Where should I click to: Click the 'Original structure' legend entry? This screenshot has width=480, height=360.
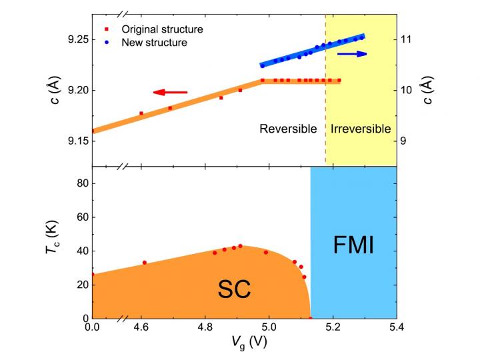click(x=162, y=30)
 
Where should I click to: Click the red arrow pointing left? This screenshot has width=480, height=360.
click(x=171, y=93)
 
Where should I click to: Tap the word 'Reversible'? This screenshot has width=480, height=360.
click(x=288, y=129)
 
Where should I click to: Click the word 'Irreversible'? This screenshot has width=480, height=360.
click(x=360, y=129)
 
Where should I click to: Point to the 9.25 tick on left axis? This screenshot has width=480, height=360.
click(x=75, y=40)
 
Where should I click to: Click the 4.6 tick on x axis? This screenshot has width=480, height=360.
click(x=141, y=328)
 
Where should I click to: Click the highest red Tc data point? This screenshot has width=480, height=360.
click(x=241, y=246)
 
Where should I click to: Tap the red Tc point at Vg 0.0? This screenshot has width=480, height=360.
click(x=93, y=274)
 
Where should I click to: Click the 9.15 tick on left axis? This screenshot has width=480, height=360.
click(x=75, y=141)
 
